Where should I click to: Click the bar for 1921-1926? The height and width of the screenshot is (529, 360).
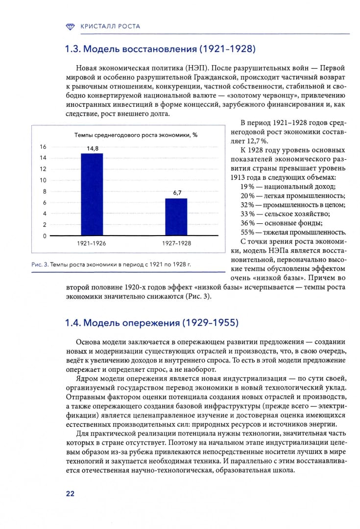tap(92, 194)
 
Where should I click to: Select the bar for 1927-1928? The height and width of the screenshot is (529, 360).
tap(176, 217)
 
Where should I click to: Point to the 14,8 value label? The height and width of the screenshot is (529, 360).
tap(93, 148)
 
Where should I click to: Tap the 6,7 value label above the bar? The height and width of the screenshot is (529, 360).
tap(177, 193)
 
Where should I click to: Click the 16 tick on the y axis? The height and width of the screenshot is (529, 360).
tap(43, 147)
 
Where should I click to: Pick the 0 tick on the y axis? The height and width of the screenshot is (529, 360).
tap(45, 236)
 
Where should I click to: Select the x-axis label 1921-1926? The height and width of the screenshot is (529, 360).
tap(92, 243)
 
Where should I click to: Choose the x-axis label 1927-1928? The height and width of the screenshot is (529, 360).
tap(176, 243)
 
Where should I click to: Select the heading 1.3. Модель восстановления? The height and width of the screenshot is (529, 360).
tap(161, 49)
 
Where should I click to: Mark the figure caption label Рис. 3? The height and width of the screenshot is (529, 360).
tap(39, 264)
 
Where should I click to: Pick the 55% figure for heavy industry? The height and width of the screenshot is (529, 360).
tap(247, 232)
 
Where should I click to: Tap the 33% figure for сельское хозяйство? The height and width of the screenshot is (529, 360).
tap(247, 214)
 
